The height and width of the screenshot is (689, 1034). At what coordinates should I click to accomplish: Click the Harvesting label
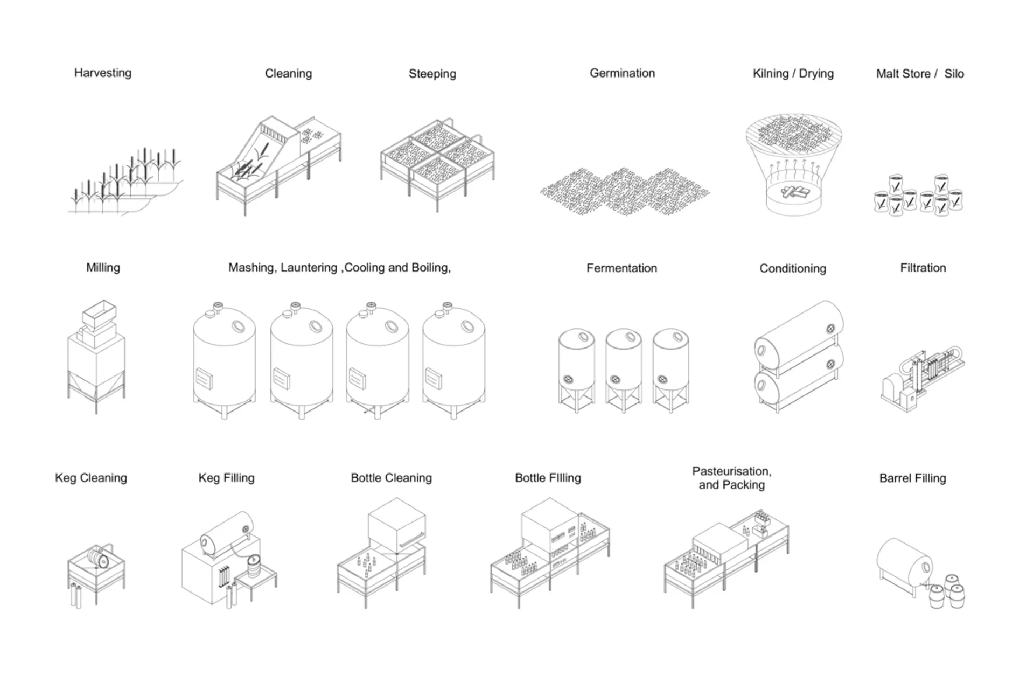[x=102, y=73]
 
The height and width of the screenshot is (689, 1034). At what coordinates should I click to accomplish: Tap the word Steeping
[x=432, y=74]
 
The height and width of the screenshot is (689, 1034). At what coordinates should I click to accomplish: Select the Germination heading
[x=622, y=73]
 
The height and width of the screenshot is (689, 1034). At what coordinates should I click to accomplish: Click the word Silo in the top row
[x=954, y=74]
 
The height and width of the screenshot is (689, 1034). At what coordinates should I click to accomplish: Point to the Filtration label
[x=923, y=268]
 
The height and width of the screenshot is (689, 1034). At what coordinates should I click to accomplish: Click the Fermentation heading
[x=621, y=268]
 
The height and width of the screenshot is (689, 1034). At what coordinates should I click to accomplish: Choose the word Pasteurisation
[x=731, y=471]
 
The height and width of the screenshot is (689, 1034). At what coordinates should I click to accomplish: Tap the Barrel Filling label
[x=912, y=478]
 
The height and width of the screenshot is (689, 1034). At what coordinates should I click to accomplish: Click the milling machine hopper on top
[x=99, y=314]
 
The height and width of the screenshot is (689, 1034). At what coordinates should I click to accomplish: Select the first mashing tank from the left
[x=224, y=358]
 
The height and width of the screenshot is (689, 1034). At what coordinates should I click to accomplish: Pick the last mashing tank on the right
[x=453, y=358]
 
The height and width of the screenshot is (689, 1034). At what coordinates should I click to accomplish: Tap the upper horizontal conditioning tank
[x=799, y=334]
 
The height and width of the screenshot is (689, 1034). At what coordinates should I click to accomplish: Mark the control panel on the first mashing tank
[x=204, y=378]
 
